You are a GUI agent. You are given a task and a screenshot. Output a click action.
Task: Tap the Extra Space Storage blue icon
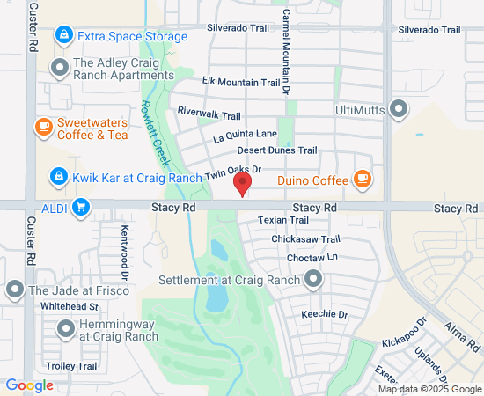tap(62, 36)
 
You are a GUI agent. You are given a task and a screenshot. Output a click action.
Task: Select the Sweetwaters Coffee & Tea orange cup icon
tap(42, 128)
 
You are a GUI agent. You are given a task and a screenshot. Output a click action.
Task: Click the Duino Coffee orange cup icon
tap(362, 180)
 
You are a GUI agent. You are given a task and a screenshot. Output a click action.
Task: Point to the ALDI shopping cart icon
tap(80, 207)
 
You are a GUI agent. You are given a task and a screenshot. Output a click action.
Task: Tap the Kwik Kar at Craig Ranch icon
tap(58, 177)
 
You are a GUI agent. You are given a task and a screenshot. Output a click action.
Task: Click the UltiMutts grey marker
tap(400, 110)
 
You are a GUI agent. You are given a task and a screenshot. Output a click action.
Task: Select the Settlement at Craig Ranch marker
tap(313, 281)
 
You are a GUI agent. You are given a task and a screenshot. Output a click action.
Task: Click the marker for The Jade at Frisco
tap(14, 290)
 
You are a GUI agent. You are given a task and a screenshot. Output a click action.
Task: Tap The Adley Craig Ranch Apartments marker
tap(59, 68)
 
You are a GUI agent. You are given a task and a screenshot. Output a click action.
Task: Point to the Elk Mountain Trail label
tap(240, 83)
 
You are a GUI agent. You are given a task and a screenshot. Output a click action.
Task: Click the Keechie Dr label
tap(325, 314)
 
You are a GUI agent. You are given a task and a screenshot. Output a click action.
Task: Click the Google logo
tap(29, 385)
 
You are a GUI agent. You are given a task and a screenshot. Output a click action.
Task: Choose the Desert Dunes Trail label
tap(277, 150)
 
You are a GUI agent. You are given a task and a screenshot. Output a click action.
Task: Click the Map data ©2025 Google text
tap(429, 389)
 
